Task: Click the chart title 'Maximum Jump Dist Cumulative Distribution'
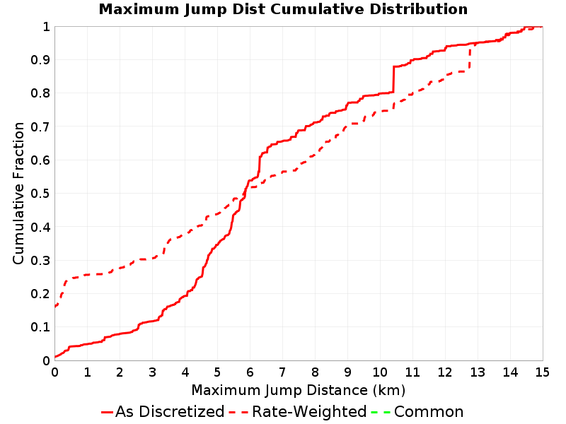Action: pyautogui.click(x=283, y=9)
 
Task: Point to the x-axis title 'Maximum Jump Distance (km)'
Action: pyautogui.click(x=299, y=390)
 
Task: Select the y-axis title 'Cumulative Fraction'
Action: pyautogui.click(x=18, y=193)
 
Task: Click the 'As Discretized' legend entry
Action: pyautogui.click(x=163, y=411)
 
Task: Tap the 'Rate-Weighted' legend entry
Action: pyautogui.click(x=298, y=411)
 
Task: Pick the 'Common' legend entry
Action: pyautogui.click(x=417, y=411)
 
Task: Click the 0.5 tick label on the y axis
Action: pyautogui.click(x=40, y=194)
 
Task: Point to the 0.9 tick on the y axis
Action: pyautogui.click(x=40, y=60)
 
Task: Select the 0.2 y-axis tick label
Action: pyautogui.click(x=40, y=294)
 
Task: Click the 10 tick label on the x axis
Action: pyautogui.click(x=380, y=372)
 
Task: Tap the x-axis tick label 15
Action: pyautogui.click(x=543, y=372)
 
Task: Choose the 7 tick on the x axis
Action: pyautogui.click(x=282, y=372)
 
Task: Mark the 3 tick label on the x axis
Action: pyautogui.click(x=152, y=372)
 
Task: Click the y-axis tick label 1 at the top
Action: pyautogui.click(x=46, y=27)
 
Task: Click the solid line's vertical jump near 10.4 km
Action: pyautogui.click(x=393, y=79)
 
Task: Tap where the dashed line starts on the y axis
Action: pyautogui.click(x=55, y=307)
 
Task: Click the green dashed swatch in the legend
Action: pyautogui.click(x=381, y=412)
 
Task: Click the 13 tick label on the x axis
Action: pyautogui.click(x=478, y=372)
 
